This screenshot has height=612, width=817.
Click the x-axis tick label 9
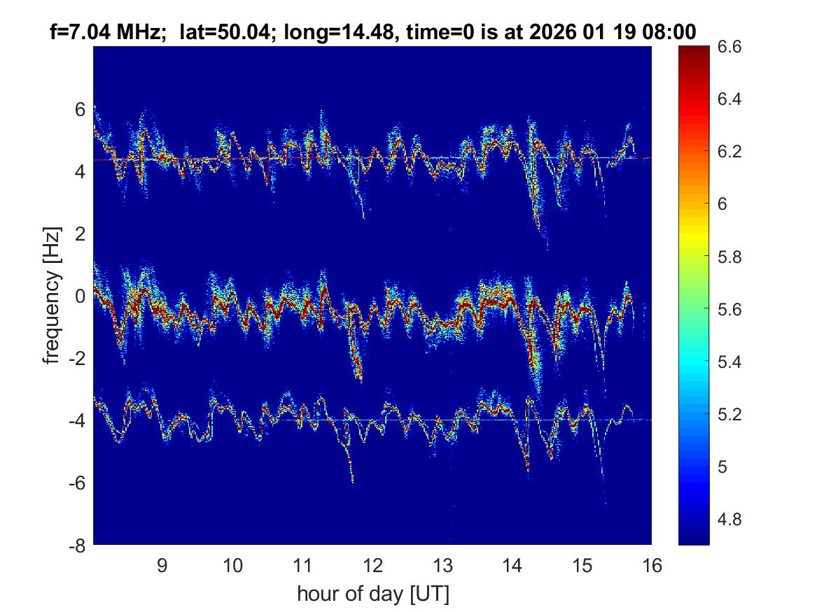162,565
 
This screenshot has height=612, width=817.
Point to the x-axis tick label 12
372,565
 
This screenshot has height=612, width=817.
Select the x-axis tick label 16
652,565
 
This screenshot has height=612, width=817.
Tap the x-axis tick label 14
512,565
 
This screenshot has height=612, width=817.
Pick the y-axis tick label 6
80,109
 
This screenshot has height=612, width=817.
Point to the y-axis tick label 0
80,296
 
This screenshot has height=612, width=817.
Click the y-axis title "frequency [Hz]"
50,295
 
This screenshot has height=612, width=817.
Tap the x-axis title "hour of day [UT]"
372,594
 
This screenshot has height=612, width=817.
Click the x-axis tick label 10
232,565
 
